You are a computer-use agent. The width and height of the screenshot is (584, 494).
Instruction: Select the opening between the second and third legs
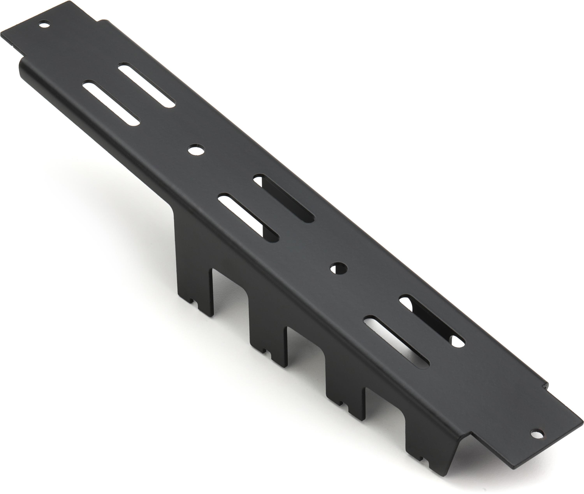305,350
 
